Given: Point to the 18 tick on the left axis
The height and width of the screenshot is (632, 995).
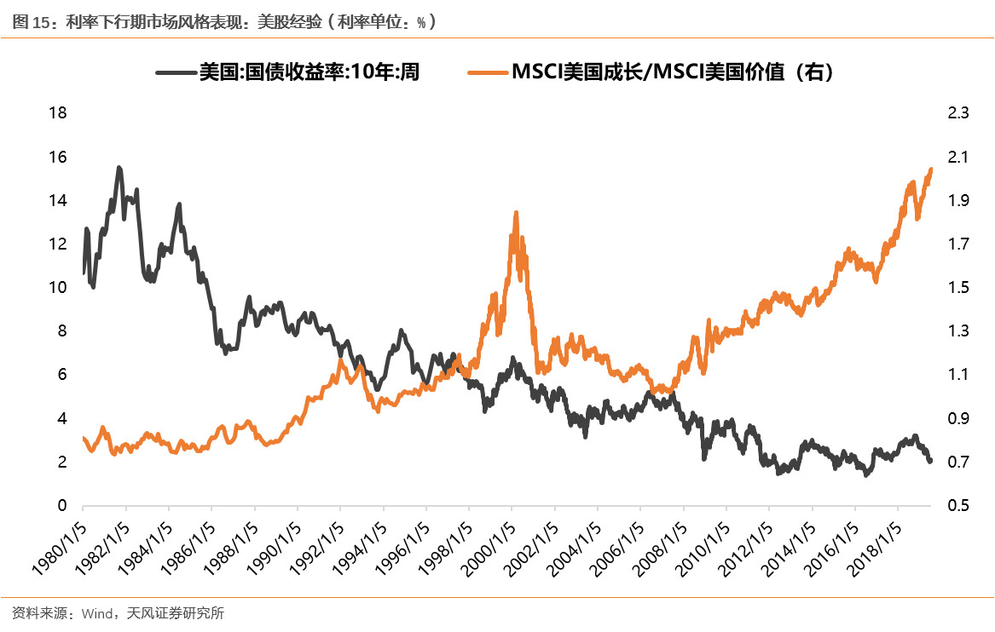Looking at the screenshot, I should click(x=57, y=113).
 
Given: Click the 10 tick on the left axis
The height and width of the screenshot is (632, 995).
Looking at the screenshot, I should click(x=57, y=288).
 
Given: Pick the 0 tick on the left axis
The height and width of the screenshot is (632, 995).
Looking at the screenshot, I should click(x=61, y=506).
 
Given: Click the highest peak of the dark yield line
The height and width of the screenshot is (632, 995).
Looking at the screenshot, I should click(x=119, y=169).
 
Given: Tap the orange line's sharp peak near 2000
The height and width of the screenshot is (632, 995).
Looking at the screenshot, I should click(x=516, y=213).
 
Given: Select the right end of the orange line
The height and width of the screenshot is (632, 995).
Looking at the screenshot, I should click(x=930, y=169).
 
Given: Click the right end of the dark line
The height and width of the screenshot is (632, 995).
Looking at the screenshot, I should click(x=930, y=461).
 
